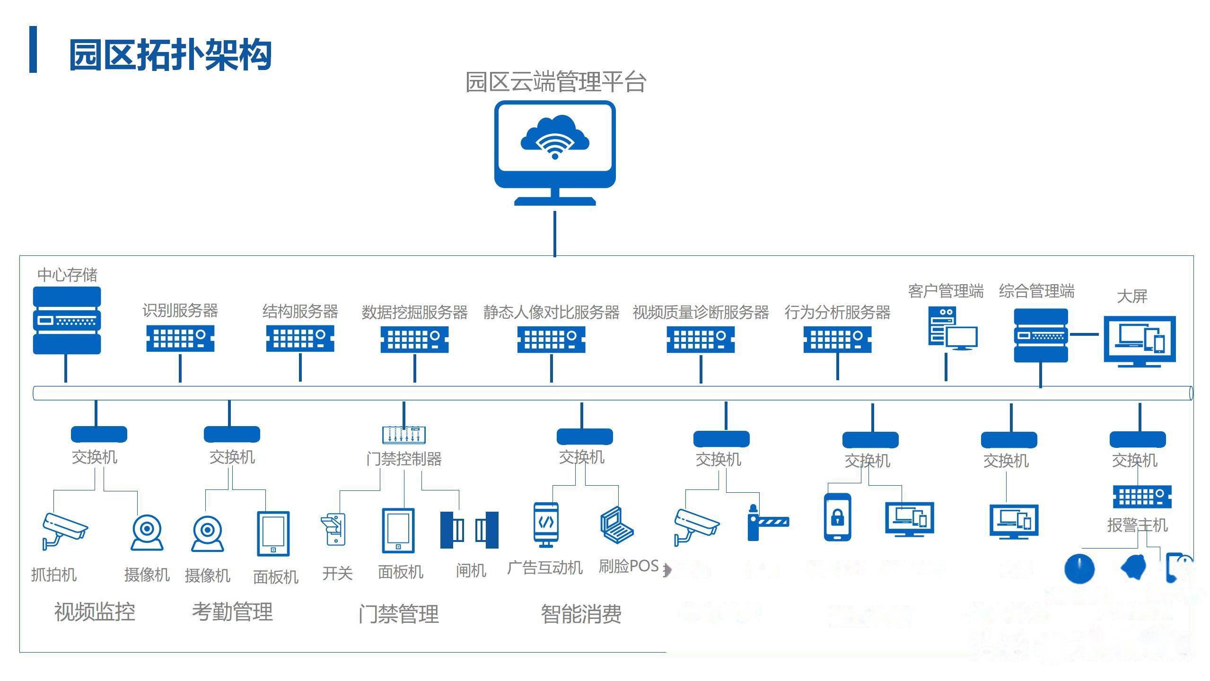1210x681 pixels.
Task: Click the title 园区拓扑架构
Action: click(x=170, y=55)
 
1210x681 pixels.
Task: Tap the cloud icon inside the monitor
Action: click(x=554, y=137)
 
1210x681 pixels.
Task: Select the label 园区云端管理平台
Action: click(x=555, y=82)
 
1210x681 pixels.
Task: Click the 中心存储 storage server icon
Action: click(x=67, y=320)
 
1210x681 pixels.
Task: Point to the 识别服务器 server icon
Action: click(x=180, y=338)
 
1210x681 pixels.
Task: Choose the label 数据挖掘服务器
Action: click(x=414, y=312)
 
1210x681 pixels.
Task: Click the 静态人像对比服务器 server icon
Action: click(x=551, y=339)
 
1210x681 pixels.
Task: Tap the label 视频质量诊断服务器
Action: click(x=701, y=312)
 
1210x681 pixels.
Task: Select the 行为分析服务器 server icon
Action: click(x=837, y=340)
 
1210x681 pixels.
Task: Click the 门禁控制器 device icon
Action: click(x=403, y=434)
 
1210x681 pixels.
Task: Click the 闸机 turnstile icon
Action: click(x=469, y=530)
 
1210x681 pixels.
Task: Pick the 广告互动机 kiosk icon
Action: click(x=546, y=524)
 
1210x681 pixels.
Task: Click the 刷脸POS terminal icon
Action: click(x=616, y=524)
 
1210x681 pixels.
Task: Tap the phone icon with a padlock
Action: click(x=837, y=517)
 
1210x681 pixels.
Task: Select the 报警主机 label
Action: click(x=1137, y=525)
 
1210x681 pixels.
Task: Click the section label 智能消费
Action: click(x=581, y=614)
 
